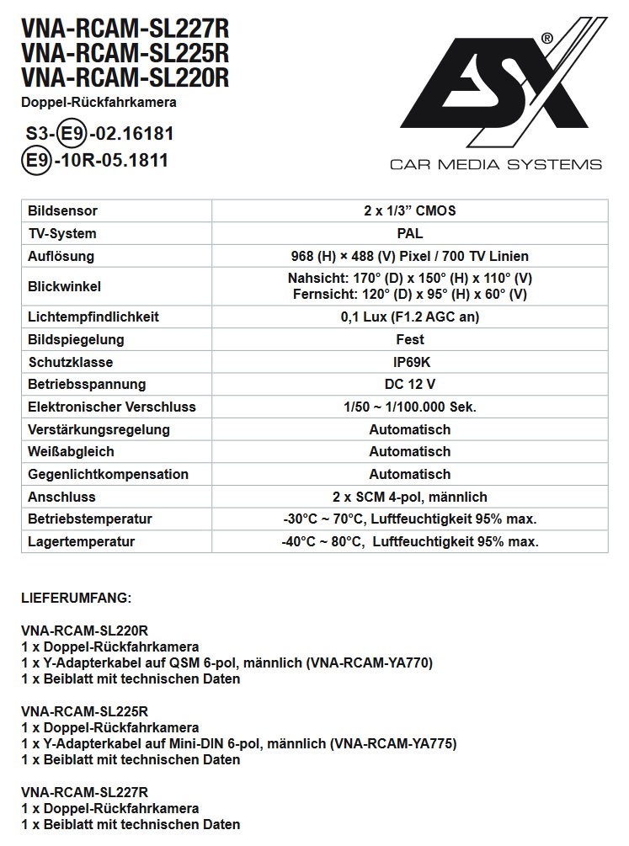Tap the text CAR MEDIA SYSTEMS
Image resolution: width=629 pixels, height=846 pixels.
click(x=495, y=164)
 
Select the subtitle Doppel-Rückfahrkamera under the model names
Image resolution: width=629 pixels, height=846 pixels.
click(x=99, y=103)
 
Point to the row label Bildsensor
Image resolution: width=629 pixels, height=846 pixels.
click(x=62, y=210)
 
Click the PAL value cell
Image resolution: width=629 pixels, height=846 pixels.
click(x=409, y=233)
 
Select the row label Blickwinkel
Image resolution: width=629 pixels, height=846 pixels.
click(x=64, y=286)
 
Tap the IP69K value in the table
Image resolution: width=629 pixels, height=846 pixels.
click(x=409, y=362)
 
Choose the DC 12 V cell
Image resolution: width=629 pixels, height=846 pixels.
click(x=409, y=385)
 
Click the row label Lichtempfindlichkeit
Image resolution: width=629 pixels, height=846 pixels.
click(x=93, y=317)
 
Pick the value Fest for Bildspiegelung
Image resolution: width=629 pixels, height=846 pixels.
click(x=409, y=340)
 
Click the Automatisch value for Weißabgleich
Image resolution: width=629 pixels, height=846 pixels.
click(x=409, y=452)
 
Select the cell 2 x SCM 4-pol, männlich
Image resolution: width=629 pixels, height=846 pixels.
click(x=409, y=497)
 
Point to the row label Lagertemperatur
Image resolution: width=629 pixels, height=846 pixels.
click(x=81, y=542)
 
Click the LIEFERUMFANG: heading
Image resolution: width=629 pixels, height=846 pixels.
click(x=76, y=599)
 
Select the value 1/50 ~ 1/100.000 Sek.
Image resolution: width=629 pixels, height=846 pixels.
click(x=409, y=407)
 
